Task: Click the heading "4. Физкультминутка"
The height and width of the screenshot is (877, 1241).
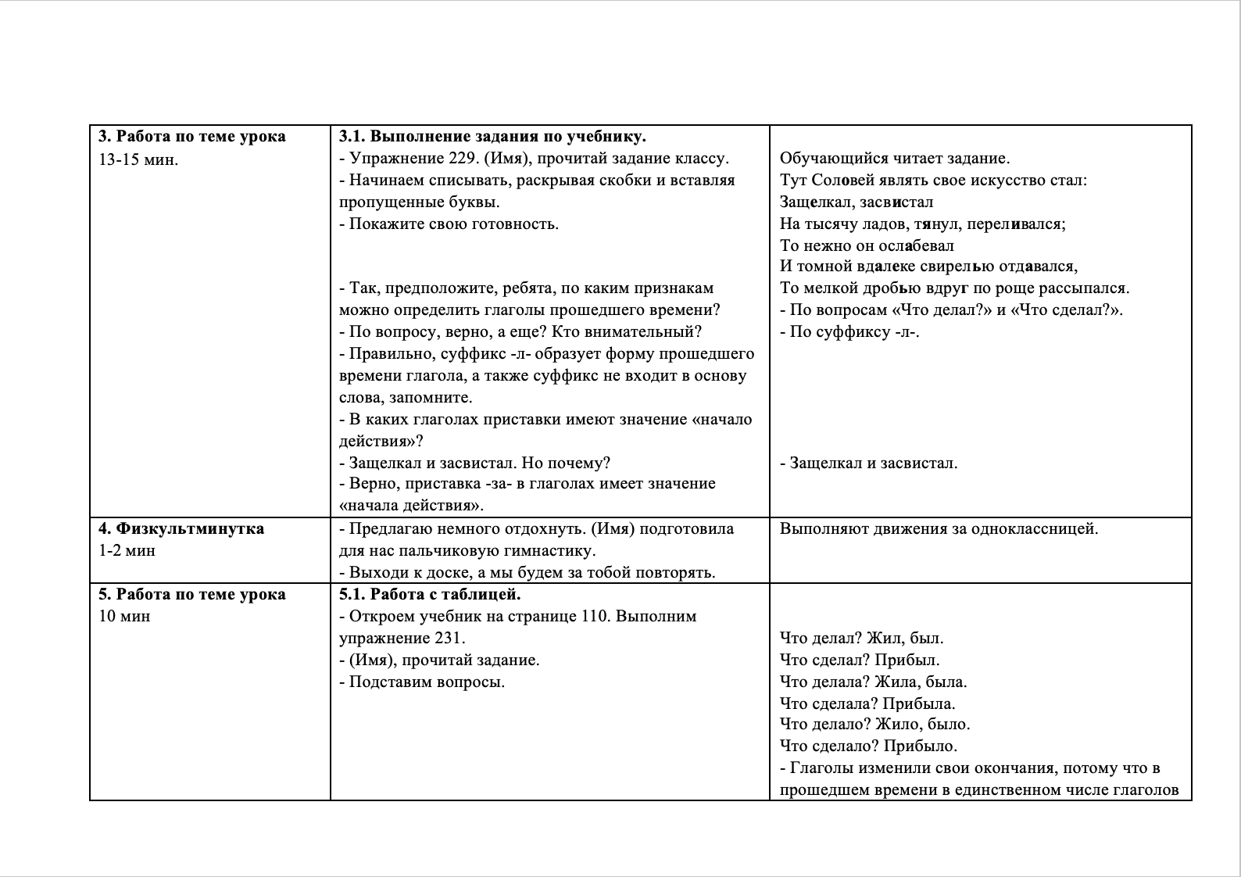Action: (x=181, y=528)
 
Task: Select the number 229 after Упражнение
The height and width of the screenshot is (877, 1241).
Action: (x=463, y=159)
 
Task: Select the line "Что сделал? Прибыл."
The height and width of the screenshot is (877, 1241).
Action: (x=860, y=660)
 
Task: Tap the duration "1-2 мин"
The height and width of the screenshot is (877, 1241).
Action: (x=127, y=550)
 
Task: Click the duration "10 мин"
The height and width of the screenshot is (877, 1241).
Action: (x=124, y=616)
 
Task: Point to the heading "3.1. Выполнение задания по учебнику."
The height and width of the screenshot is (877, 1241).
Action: (x=492, y=137)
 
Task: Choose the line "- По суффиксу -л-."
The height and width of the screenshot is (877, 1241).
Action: (x=849, y=331)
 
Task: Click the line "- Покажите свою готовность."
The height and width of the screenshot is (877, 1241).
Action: (x=449, y=224)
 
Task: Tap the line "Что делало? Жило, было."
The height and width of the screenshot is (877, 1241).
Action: (x=874, y=724)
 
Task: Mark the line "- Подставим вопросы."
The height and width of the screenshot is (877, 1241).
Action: (x=422, y=682)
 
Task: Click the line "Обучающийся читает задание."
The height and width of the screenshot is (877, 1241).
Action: (x=894, y=159)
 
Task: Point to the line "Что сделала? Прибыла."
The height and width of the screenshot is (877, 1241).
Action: (x=867, y=703)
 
